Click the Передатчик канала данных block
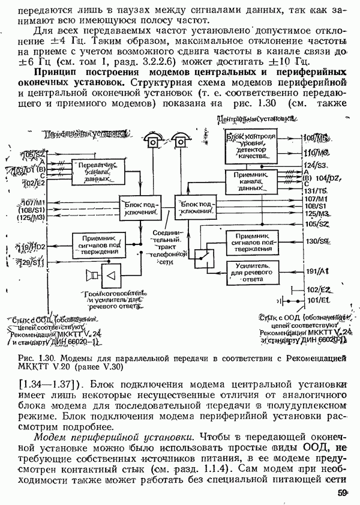click(94, 171)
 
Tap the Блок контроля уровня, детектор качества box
click(251, 146)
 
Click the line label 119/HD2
click(32, 247)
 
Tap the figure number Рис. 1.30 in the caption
click(36, 358)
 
